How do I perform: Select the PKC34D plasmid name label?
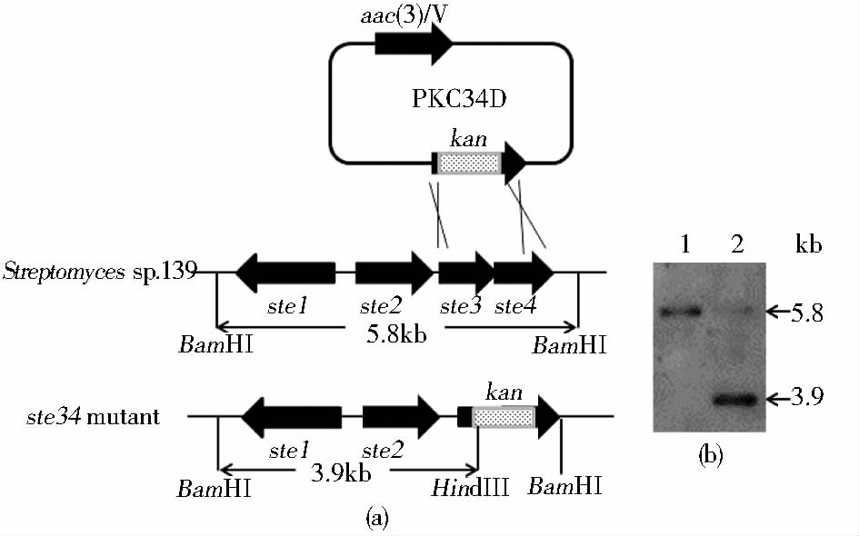[x=451, y=99]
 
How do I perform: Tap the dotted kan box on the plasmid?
[x=470, y=162]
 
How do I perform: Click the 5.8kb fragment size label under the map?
[x=397, y=333]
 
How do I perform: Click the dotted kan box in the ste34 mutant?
[x=504, y=417]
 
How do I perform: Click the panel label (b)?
[x=710, y=457]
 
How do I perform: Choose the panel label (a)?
[x=376, y=519]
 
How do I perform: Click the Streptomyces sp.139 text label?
[x=100, y=272]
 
